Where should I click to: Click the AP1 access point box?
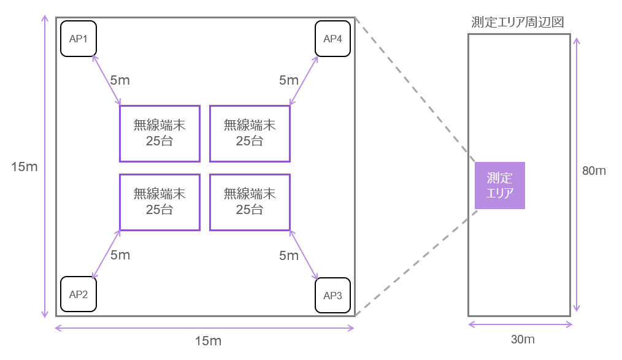[79, 39]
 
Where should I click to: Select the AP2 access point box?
[79, 294]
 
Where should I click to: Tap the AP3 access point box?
[332, 296]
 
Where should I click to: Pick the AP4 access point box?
[332, 39]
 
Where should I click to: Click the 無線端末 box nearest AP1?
[159, 133]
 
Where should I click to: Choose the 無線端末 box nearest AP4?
[250, 133]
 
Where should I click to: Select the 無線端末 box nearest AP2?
[159, 202]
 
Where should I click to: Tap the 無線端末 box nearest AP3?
[250, 202]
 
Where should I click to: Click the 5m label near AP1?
[120, 80]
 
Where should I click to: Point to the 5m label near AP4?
[289, 80]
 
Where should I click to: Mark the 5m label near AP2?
[120, 255]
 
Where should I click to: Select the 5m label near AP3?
[289, 255]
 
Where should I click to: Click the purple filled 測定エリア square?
[499, 185]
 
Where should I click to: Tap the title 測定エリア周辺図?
[518, 22]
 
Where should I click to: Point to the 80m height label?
[594, 171]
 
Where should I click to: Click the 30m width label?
[523, 339]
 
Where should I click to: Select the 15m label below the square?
[208, 341]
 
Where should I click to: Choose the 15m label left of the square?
[25, 167]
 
